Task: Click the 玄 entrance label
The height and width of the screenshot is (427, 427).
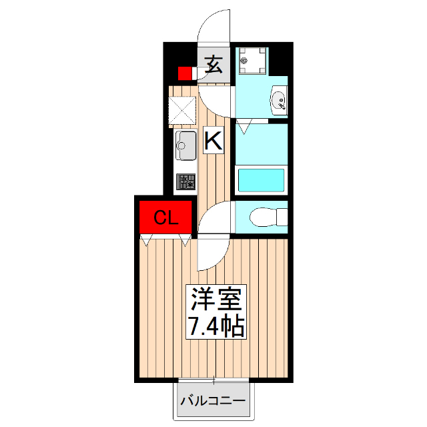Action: pos(213,65)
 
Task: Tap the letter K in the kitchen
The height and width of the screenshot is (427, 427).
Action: pos(212,141)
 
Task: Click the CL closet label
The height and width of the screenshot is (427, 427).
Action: pos(165,218)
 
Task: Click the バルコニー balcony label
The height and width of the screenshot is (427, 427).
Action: pos(213,401)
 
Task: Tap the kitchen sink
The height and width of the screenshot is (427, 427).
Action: pos(186,145)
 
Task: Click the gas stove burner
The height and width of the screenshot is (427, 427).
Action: pos(186,181)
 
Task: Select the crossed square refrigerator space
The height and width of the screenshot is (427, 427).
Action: pos(182,111)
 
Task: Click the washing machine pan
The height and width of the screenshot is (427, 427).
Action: pos(252,61)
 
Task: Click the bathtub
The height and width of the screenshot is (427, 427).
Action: pos(262,180)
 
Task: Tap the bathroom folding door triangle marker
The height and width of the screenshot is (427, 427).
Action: pos(244,125)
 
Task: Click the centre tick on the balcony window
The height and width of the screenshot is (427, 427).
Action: pos(213,382)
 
